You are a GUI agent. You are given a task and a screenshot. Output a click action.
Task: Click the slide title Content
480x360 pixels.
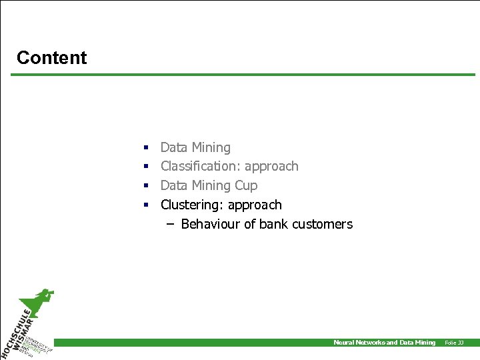(51, 58)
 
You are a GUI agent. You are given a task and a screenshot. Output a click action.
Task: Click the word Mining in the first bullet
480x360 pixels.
(211, 147)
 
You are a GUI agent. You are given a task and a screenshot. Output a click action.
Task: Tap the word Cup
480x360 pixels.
(245, 185)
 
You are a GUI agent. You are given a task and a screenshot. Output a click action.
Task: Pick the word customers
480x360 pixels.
(324, 224)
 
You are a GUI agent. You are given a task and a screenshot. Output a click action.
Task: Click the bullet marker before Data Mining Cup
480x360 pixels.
(145, 186)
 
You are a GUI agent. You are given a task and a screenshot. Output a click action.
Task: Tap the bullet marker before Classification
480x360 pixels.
(145, 167)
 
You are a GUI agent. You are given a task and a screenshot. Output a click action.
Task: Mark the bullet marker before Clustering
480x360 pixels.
(145, 205)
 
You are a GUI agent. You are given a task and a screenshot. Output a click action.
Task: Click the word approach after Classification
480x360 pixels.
(271, 166)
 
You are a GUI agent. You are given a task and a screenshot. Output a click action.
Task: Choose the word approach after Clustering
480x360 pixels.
(255, 205)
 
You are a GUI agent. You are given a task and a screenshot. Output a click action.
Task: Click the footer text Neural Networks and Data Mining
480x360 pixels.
(384, 343)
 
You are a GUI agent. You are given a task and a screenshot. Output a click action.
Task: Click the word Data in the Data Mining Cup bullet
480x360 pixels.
(174, 185)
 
